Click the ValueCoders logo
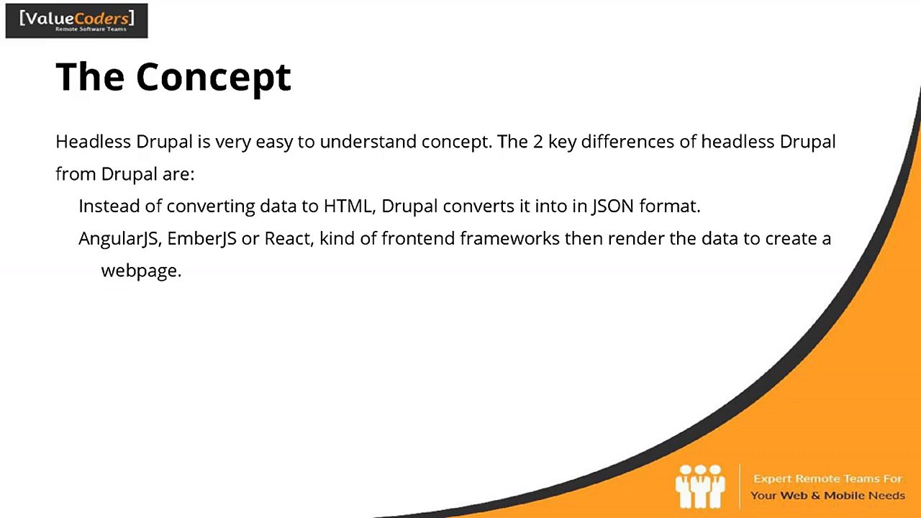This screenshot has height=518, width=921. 76,20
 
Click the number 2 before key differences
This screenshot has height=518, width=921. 537,142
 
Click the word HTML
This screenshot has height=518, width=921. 348,206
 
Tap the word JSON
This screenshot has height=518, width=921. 612,206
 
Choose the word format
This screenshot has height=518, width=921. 669,206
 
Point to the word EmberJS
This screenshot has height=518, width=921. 201,239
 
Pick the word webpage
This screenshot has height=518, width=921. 140,271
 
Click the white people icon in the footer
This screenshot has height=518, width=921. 699,486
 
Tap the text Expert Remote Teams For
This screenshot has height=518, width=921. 827,479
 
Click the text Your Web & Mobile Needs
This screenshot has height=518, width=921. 827,496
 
